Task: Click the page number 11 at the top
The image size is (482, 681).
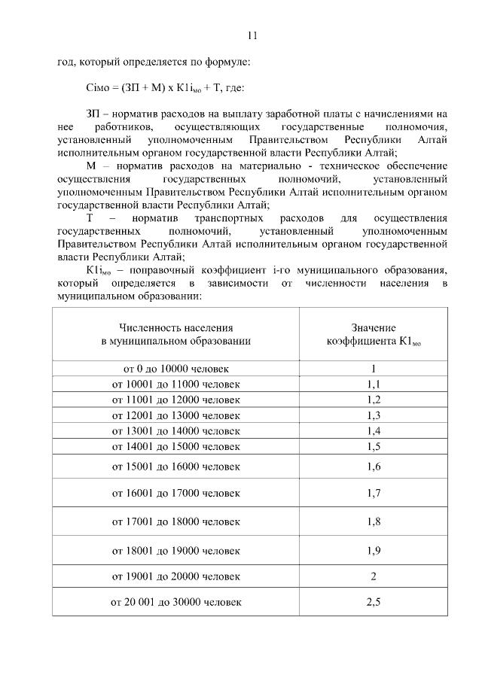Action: (x=252, y=35)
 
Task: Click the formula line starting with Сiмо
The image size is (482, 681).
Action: (x=166, y=88)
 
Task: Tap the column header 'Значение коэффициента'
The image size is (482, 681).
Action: (x=374, y=334)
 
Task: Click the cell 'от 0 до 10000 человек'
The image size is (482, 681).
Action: (x=176, y=369)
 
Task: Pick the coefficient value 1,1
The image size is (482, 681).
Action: (x=374, y=385)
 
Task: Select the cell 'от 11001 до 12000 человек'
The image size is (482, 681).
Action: (x=176, y=400)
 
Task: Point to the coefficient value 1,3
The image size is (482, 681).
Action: (x=374, y=415)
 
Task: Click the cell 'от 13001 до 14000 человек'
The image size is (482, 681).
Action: (x=176, y=431)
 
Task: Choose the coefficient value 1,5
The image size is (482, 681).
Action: (x=374, y=447)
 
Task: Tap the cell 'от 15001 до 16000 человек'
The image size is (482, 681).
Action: (x=176, y=467)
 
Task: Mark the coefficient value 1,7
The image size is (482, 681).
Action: (x=374, y=494)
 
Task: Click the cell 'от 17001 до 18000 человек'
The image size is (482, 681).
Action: (x=176, y=521)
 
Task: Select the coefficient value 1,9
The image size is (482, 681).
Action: (x=374, y=551)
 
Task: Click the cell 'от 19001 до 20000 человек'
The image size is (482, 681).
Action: (x=176, y=576)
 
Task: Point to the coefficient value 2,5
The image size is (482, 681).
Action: (x=374, y=602)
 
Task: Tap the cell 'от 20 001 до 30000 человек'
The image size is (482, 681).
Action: (x=176, y=602)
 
